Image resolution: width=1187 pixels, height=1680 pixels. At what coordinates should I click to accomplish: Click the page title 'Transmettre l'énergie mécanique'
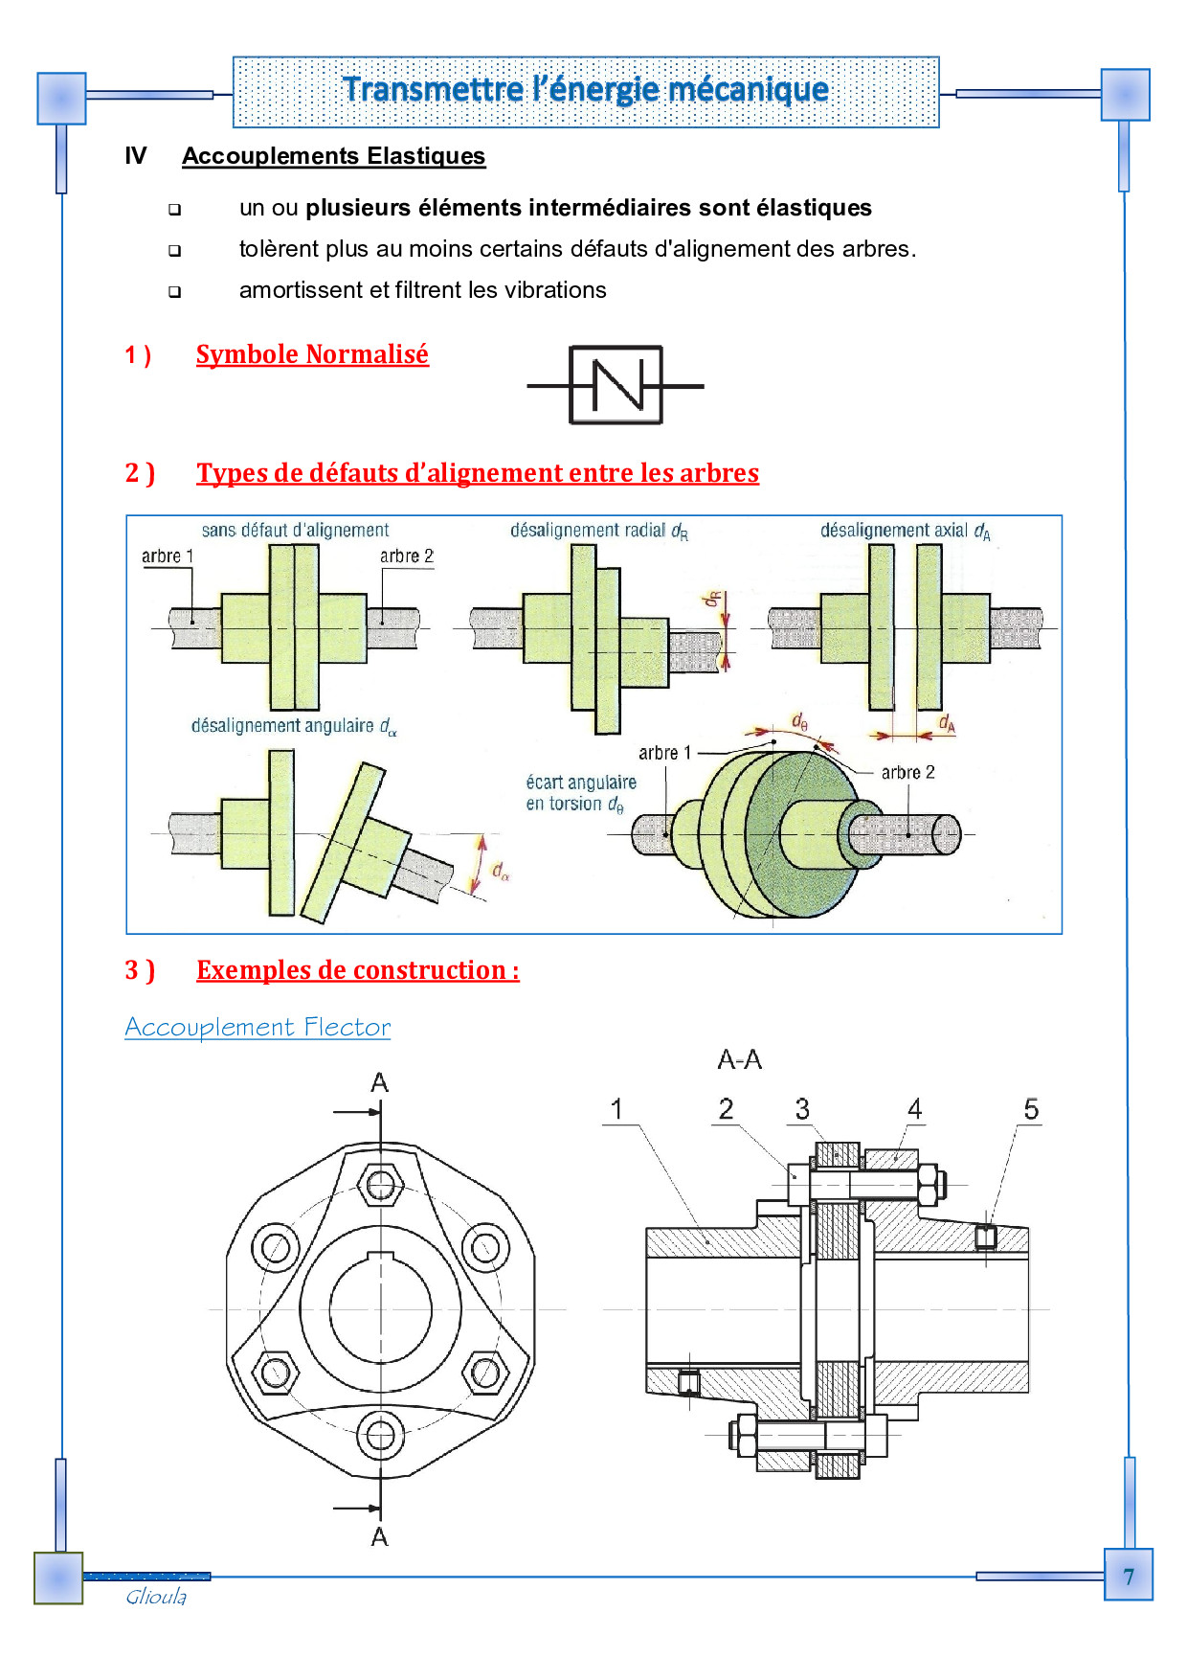[x=585, y=90]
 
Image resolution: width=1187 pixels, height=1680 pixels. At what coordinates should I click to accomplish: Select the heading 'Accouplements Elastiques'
[x=333, y=156]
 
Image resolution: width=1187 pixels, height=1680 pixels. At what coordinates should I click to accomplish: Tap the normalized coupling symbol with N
[x=616, y=385]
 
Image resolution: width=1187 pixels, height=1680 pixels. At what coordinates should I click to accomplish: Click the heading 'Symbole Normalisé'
[x=312, y=354]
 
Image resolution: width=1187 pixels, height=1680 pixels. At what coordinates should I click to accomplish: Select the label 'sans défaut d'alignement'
[x=295, y=530]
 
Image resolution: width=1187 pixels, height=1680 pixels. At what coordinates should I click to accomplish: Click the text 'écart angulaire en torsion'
[x=580, y=793]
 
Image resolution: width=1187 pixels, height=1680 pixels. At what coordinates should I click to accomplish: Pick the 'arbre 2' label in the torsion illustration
[x=907, y=772]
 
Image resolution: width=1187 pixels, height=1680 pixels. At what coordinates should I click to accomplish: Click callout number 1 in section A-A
[x=616, y=1109]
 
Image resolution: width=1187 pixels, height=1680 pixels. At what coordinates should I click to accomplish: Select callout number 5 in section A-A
[x=1030, y=1109]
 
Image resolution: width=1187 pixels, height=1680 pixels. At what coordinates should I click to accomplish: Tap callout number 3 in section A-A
[x=802, y=1109]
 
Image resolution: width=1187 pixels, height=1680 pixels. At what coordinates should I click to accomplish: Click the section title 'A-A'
[x=739, y=1059]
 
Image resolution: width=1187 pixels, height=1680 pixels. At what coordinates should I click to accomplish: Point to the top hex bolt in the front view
[x=380, y=1184]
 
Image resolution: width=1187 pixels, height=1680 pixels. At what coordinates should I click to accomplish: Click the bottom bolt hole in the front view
[x=380, y=1435]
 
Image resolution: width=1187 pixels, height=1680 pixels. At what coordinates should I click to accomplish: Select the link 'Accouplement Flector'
[x=258, y=1027]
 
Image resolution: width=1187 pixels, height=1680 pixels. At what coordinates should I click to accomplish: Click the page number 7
[x=1129, y=1577]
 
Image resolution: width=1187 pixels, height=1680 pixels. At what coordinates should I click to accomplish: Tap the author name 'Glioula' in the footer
[x=156, y=1597]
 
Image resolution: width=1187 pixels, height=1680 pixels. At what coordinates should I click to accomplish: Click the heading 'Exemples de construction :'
[x=357, y=970]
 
